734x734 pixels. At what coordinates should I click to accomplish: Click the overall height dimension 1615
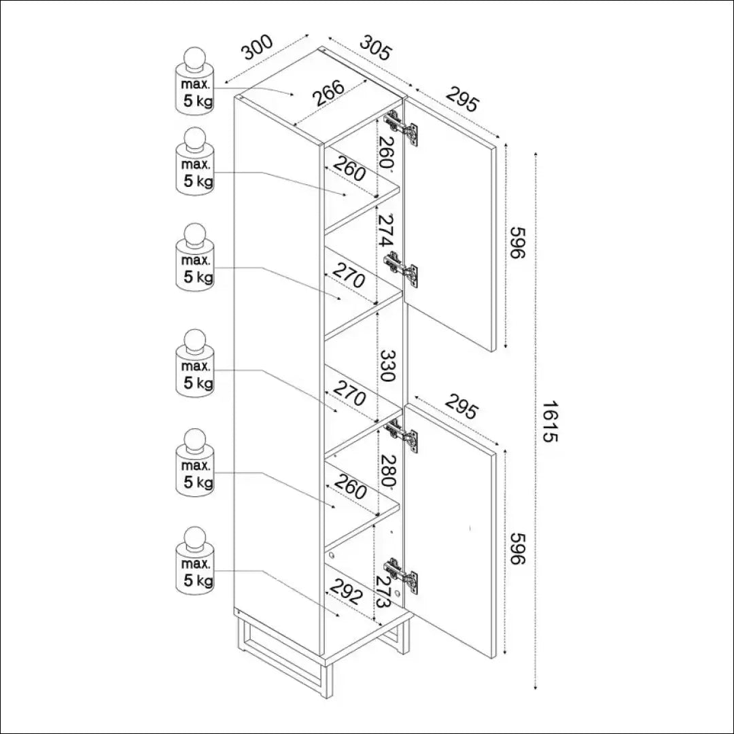click(x=550, y=421)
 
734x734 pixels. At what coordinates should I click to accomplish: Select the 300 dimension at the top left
click(x=258, y=48)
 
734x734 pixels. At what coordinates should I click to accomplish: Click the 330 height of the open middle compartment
click(x=387, y=367)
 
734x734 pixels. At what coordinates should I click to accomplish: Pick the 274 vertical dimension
click(x=385, y=231)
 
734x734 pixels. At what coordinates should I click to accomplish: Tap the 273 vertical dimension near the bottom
click(x=383, y=591)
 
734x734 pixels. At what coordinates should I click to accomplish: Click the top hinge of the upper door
click(x=401, y=128)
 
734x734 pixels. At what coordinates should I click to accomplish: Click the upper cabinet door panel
click(x=452, y=231)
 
